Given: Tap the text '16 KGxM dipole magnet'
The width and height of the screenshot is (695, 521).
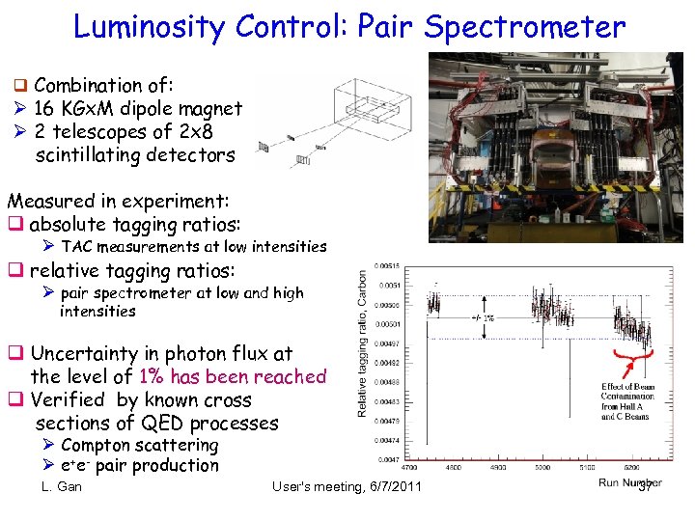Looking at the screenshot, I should pos(138,109).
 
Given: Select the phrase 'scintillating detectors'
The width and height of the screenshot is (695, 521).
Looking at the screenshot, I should pos(134,154).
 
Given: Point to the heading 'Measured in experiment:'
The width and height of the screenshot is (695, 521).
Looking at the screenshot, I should pos(118,202).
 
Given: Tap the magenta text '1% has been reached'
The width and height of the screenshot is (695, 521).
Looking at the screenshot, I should pos(233,377).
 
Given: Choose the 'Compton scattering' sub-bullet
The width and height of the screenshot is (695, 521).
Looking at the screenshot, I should pos(139,446).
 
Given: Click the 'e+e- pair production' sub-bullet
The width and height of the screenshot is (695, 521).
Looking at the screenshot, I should pos(139,466).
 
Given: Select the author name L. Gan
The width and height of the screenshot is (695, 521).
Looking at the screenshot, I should pos(62,486).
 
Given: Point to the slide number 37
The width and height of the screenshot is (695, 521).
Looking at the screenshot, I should pos(646,486).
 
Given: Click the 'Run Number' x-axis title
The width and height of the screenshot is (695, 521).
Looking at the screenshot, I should pos(629,482).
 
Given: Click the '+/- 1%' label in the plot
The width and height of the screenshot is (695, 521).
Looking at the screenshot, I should pos(483,317).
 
